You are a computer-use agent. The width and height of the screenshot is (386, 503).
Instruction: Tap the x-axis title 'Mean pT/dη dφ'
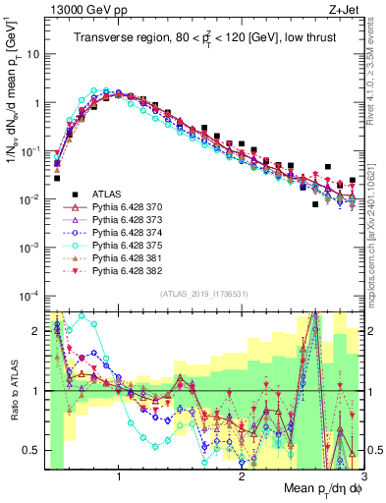pyautogui.click(x=319, y=489)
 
